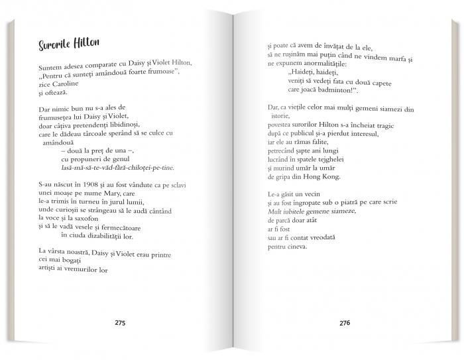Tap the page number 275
coord(119,324)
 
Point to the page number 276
coord(344,324)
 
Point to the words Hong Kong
coord(323,177)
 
